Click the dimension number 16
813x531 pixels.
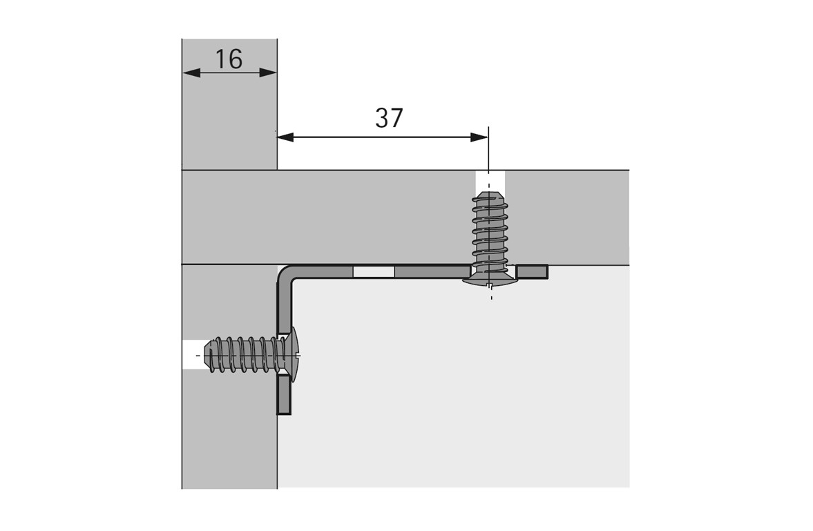coord(229,59)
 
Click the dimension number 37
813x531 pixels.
coord(389,119)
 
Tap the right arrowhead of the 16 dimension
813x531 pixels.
coord(268,73)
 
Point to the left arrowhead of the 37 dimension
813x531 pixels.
coord(285,137)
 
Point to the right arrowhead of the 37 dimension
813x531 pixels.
coord(479,137)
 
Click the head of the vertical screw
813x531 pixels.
coord(490,279)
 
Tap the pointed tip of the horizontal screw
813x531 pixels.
coord(208,355)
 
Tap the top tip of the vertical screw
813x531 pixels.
coord(490,196)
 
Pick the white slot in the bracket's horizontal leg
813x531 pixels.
coord(373,272)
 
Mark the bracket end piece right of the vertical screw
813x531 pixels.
coord(532,272)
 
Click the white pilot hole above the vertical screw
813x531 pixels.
coord(490,181)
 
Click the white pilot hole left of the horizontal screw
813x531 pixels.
coord(193,355)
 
